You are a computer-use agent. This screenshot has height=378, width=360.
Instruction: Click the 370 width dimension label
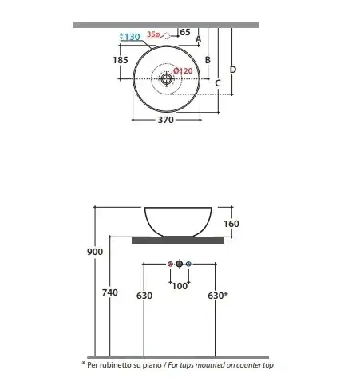[x=166, y=120]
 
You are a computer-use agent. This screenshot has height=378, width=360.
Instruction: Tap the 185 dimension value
[x=121, y=60]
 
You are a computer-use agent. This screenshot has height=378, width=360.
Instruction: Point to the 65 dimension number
[x=185, y=32]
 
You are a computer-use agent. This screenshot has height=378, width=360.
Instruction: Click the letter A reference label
[x=199, y=39]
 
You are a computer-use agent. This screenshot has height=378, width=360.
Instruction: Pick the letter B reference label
[x=208, y=60]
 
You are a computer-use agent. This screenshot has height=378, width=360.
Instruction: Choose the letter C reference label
[x=218, y=83]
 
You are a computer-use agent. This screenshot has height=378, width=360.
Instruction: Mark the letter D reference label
[x=233, y=70]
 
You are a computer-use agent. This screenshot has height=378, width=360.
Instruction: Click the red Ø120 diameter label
[x=183, y=71]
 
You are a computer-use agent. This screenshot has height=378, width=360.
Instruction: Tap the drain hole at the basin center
[x=167, y=78]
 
